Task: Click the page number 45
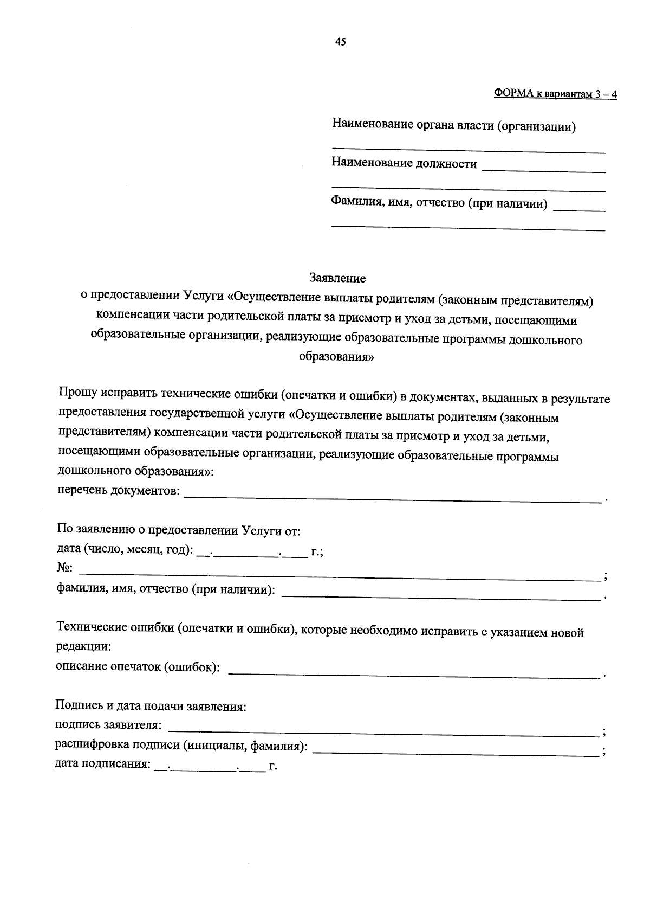(340, 42)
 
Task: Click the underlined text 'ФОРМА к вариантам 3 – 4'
(555, 94)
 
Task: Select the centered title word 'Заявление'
(337, 278)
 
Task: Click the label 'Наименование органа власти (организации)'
(453, 126)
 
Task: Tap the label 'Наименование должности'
(404, 164)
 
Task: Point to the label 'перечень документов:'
(119, 491)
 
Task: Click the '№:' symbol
(64, 568)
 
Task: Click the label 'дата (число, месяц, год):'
(125, 549)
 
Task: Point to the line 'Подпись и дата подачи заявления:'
(151, 707)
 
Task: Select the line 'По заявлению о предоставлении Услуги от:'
(179, 530)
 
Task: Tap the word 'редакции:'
(83, 647)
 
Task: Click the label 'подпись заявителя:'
(108, 726)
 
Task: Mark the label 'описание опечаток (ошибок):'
(138, 667)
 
